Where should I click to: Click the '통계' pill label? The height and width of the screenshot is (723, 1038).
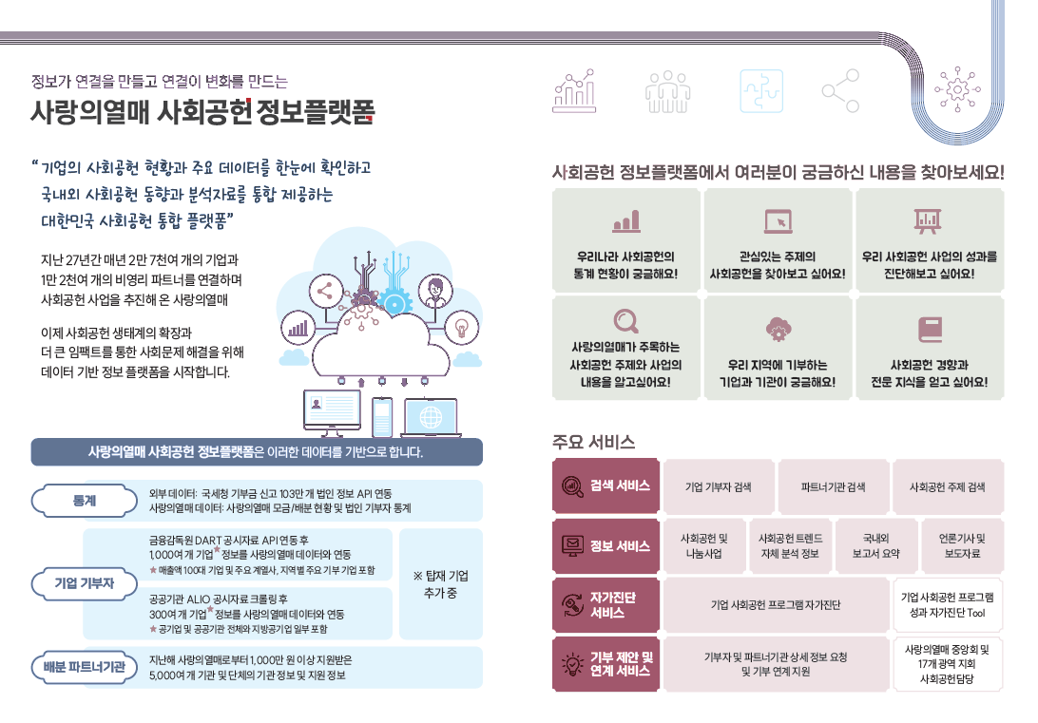point(83,500)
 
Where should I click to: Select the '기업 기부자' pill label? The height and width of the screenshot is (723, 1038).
point(83,582)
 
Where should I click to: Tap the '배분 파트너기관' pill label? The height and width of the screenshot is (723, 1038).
point(83,667)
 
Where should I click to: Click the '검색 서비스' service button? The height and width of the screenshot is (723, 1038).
point(605,485)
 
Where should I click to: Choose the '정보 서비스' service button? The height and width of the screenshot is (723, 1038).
point(605,545)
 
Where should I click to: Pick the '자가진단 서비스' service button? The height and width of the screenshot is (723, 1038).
point(605,604)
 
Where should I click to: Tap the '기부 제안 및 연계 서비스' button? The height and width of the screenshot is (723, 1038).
point(605,664)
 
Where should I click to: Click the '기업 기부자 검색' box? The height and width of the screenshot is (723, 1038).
point(719,486)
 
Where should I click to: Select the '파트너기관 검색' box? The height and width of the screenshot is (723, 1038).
point(834,486)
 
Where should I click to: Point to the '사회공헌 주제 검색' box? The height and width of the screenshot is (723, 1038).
point(948,486)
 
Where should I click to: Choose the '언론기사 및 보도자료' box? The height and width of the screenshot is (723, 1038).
point(961,545)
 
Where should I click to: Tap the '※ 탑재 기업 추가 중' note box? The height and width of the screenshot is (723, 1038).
point(440,583)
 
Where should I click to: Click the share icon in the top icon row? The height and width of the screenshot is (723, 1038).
point(839,91)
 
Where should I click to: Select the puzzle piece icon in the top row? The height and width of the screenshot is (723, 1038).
point(762,91)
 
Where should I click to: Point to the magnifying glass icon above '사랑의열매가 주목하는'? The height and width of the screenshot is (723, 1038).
point(625,322)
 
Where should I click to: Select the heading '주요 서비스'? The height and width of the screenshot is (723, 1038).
point(593,442)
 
